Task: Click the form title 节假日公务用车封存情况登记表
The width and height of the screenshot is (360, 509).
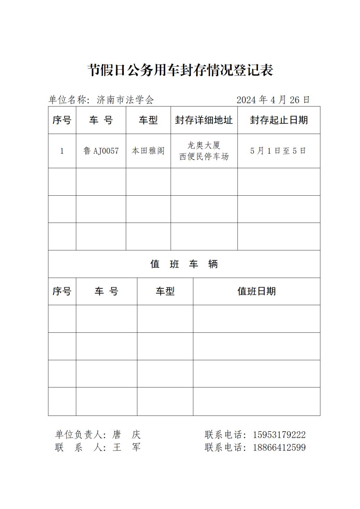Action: (180, 70)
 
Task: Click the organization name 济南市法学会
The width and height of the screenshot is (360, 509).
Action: (125, 100)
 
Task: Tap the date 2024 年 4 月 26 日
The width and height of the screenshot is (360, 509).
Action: (273, 100)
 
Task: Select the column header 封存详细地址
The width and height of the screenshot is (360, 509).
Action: (204, 120)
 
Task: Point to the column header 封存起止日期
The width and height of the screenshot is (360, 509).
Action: (279, 120)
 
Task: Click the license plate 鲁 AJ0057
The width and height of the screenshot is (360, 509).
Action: (101, 151)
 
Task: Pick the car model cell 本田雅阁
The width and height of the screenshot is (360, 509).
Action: (148, 151)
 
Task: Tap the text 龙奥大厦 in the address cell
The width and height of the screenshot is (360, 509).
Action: (204, 145)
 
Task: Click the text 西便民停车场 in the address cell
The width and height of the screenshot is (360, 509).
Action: (204, 156)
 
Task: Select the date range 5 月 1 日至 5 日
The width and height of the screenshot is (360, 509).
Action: (278, 151)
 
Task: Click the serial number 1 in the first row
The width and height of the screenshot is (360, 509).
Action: (62, 151)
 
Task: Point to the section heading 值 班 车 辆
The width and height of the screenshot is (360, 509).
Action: (184, 264)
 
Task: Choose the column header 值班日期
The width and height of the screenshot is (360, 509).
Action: (256, 291)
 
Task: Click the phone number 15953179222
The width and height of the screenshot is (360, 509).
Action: (279, 435)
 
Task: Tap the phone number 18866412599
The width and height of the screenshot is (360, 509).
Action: (279, 447)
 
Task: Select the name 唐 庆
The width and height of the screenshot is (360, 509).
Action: (126, 435)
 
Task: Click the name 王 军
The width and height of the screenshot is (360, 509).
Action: (126, 447)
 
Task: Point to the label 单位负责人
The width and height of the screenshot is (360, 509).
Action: (78, 435)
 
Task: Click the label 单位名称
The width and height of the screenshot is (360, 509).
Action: (67, 100)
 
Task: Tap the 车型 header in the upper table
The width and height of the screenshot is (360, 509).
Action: (148, 120)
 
